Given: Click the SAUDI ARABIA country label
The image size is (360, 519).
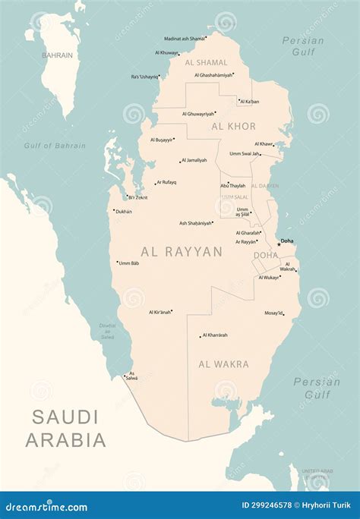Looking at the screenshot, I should (65, 428).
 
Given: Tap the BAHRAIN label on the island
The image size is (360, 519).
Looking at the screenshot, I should (57, 55).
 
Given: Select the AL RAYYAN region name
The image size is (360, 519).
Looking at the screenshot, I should (182, 251).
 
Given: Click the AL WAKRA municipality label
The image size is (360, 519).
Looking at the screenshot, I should (223, 364).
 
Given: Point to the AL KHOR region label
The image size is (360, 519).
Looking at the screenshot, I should (233, 126).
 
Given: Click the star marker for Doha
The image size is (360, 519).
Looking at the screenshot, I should (279, 244).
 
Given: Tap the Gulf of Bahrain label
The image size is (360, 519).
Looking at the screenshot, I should (55, 146).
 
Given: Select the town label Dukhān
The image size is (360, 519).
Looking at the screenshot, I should (123, 212).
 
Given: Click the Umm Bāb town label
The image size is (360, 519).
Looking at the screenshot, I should (128, 263).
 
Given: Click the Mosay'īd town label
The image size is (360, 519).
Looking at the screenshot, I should (273, 313).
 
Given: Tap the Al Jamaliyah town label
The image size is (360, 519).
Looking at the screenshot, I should (194, 160).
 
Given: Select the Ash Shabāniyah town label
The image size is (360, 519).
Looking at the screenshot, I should (195, 223).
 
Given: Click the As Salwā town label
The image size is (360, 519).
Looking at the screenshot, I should (132, 376).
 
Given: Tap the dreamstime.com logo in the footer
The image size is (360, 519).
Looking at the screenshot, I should (49, 505).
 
